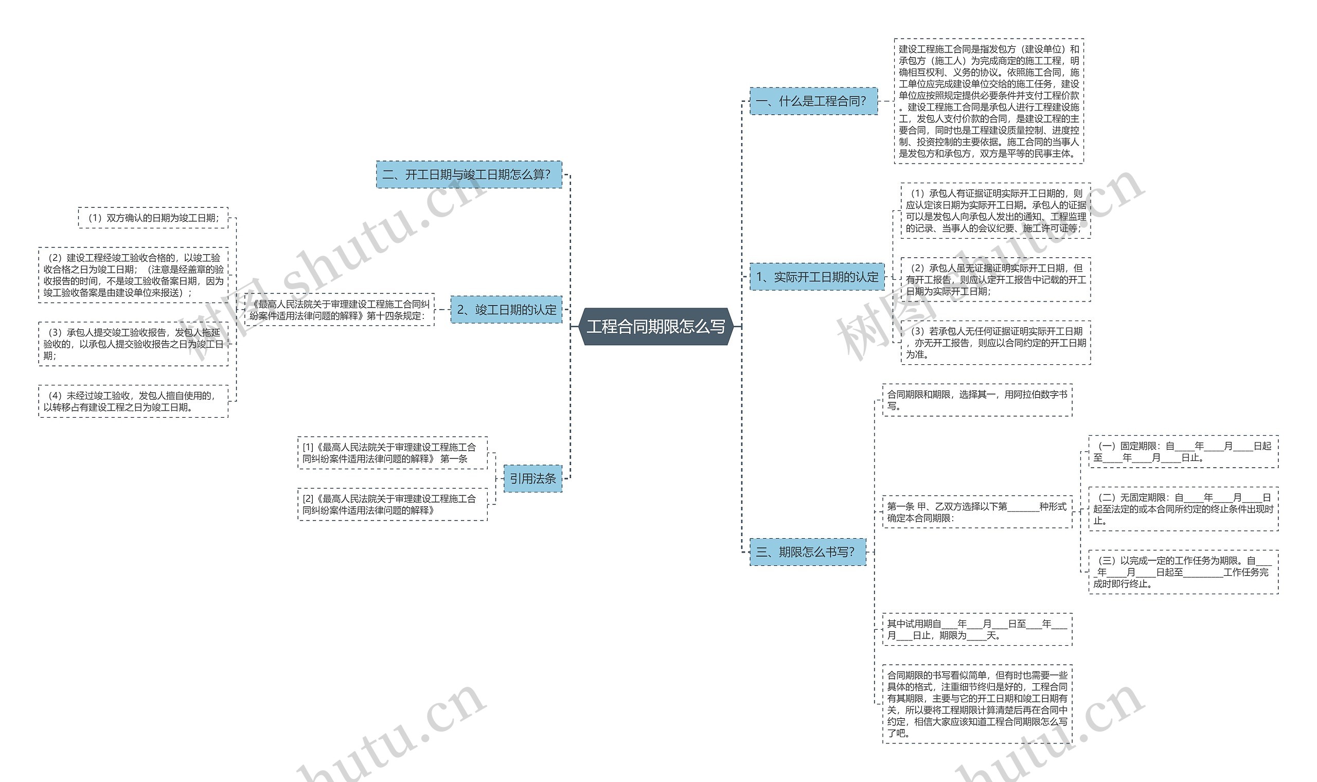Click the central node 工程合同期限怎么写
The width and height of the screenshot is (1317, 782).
pos(656,327)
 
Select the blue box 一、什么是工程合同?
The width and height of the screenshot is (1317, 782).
pos(813,101)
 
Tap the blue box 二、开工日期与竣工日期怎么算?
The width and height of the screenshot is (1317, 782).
pos(469,174)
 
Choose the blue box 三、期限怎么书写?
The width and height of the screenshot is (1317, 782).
pos(808,552)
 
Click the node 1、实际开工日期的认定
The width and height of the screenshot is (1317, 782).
pos(817,277)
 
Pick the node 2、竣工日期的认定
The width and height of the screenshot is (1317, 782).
pos(506,309)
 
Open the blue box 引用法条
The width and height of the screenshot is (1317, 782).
pos(532,478)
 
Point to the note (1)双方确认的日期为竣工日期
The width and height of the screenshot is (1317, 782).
pos(153,218)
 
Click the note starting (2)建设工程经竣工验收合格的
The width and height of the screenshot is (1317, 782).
pos(133,275)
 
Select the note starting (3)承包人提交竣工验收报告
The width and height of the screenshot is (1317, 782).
pos(133,344)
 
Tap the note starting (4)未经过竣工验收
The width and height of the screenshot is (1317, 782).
pos(133,401)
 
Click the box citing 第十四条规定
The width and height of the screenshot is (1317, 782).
pos(340,310)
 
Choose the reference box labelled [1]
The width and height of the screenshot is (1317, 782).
pos(393,453)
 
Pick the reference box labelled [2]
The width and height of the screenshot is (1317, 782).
pos(393,504)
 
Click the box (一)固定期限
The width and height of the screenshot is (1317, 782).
pos(1183,452)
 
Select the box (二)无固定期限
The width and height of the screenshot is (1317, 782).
pos(1183,508)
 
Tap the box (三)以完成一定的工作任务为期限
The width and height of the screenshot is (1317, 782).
pos(1183,572)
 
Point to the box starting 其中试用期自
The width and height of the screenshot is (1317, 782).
pos(977,629)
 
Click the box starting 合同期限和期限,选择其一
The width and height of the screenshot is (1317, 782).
pos(977,400)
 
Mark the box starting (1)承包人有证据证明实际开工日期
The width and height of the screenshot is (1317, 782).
pos(995,211)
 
